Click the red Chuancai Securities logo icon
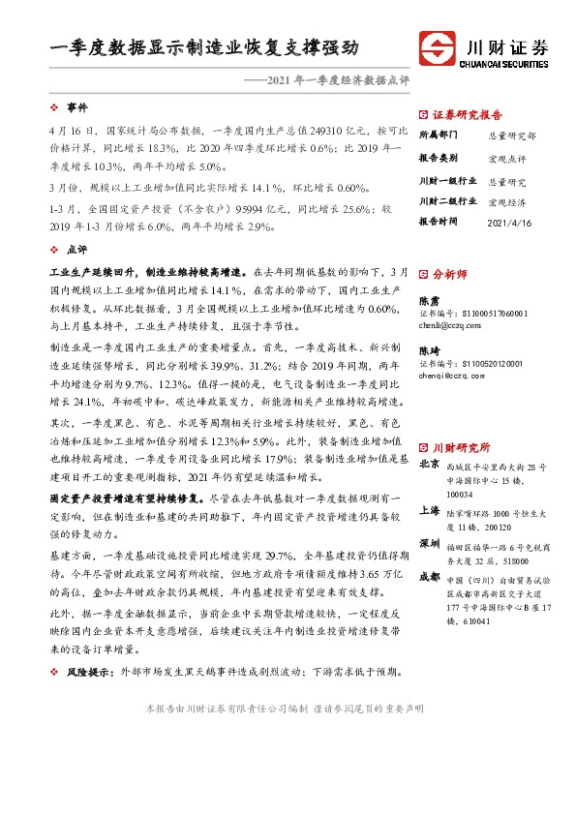(x=437, y=49)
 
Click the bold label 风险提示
(x=86, y=672)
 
